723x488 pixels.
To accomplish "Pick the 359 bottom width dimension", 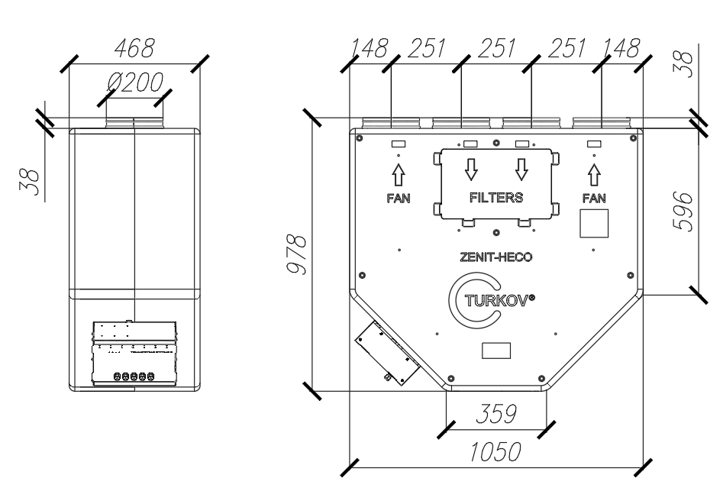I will (494, 415).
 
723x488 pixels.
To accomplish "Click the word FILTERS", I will (496, 196).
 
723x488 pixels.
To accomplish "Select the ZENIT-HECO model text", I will (496, 257).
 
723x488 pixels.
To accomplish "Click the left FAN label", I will (398, 196).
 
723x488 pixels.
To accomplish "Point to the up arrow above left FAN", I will (398, 173).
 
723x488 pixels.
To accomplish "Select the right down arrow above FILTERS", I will (522, 167).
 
